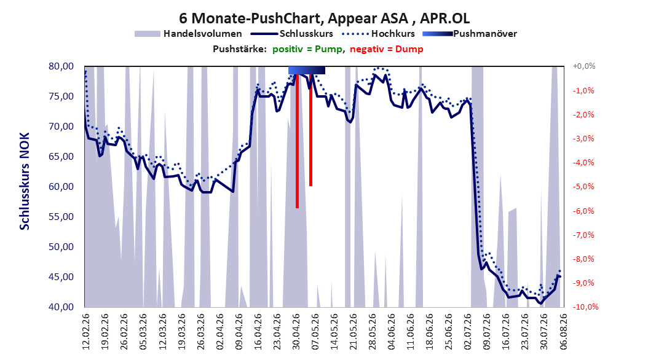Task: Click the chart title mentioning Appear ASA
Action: click(x=324, y=18)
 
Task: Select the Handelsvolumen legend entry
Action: click(x=188, y=34)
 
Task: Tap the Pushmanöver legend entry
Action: click(x=470, y=34)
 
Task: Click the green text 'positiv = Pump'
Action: click(x=307, y=49)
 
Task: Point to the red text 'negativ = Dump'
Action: click(x=387, y=49)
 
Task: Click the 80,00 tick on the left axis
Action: click(x=61, y=66)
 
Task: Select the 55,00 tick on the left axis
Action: click(x=61, y=217)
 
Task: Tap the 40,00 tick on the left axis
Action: click(x=61, y=307)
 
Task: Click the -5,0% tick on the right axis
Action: click(x=583, y=187)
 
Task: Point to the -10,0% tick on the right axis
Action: click(x=585, y=307)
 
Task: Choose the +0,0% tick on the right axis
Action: click(x=584, y=66)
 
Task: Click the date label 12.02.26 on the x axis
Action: click(x=86, y=332)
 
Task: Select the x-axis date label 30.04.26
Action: click(x=296, y=332)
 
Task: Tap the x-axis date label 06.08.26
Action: click(x=563, y=332)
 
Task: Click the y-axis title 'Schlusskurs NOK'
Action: click(x=25, y=181)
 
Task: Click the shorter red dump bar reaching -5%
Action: click(x=310, y=130)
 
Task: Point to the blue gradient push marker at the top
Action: click(x=307, y=70)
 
